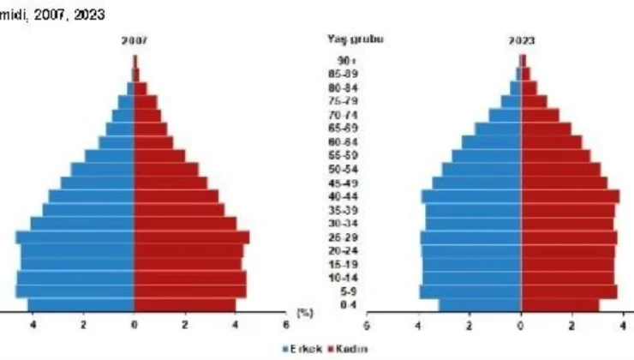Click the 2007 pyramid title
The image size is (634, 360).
point(135,40)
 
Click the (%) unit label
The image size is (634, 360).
point(302,314)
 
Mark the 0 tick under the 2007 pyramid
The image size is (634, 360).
point(134,325)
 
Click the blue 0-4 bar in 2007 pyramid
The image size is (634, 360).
point(81,305)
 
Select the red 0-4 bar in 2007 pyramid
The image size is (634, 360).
point(184,305)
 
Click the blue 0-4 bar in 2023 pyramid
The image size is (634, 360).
point(480,305)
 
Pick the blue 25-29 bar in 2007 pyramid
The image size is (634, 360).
point(75,237)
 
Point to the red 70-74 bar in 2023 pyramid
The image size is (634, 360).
point(540,115)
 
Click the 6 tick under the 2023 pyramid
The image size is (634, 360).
point(366,325)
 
